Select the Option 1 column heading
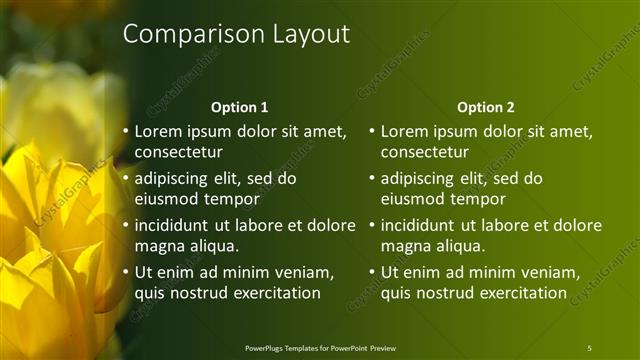coord(240,107)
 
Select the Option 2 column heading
coord(486,107)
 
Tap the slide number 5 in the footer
coord(589,348)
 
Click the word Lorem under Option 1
coord(157,131)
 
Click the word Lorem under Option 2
coord(403,131)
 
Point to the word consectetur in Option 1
coord(179,152)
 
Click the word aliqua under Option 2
coord(458,246)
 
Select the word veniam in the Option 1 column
coord(300,272)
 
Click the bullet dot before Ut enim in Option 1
coord(125,272)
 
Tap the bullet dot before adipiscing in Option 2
coord(371,178)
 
